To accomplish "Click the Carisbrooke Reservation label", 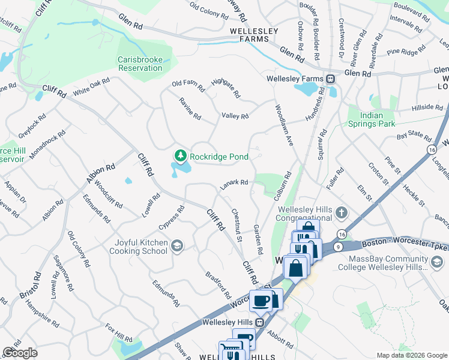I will [x=140, y=64].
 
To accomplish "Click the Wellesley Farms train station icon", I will [x=330, y=79].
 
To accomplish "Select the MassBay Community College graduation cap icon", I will [x=437, y=262].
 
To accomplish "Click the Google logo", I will [x=20, y=353].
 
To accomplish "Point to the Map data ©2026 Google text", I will [x=411, y=355].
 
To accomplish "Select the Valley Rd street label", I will [x=235, y=116].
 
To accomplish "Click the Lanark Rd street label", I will [x=234, y=183].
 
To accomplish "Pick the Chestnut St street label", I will [x=237, y=226].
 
